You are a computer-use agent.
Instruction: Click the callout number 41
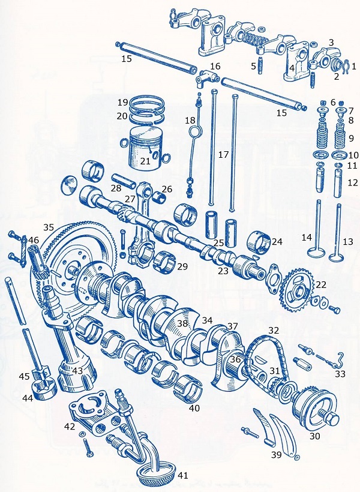pos(182,476)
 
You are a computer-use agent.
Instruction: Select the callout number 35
pos(49,227)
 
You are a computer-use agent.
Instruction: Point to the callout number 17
pos(223,155)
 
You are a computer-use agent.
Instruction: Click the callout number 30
pos(314,436)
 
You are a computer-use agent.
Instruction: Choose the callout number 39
pos(277,455)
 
